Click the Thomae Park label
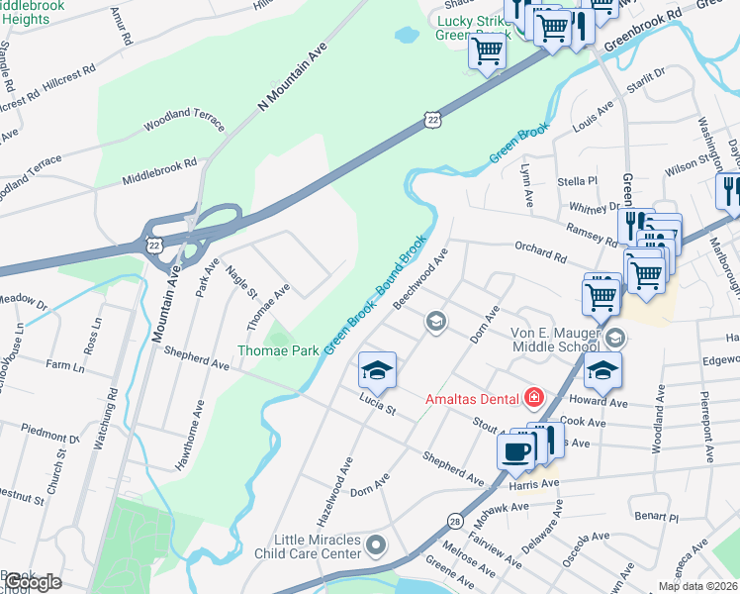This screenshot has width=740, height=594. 277,350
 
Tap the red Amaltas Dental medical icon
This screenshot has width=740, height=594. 534,399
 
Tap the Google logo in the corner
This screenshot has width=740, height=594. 32,582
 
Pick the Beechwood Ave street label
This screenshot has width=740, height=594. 420,279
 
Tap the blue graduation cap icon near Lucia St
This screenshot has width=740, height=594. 376,370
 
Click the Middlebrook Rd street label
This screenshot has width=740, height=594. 159,170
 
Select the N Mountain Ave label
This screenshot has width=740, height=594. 291,81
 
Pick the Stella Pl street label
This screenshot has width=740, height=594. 578,181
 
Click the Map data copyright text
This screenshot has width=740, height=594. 697,586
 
